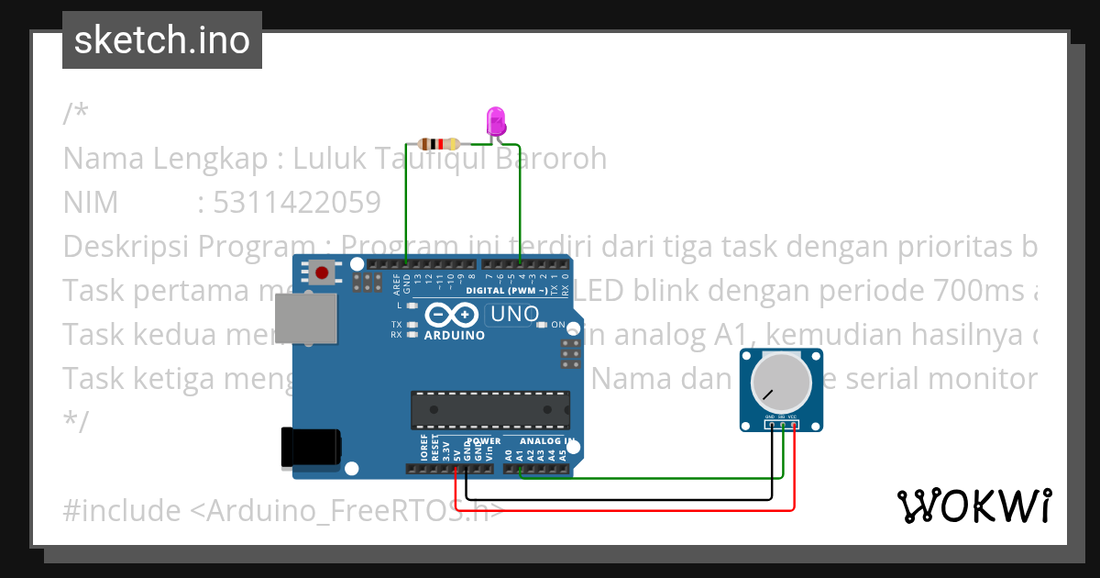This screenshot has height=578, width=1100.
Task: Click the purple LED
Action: click(x=496, y=122)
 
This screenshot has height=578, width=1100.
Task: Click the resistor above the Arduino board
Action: click(x=439, y=144)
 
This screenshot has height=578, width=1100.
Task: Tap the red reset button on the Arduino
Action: click(x=322, y=272)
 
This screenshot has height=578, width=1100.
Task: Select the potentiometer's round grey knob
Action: click(x=781, y=383)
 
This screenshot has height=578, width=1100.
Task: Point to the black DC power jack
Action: click(x=311, y=448)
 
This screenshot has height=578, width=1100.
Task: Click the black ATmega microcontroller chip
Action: click(x=489, y=410)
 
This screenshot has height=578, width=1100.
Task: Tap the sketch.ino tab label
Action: click(x=162, y=40)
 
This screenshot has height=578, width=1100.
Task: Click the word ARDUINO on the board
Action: click(x=455, y=336)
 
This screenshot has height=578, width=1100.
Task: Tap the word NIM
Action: click(x=91, y=202)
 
